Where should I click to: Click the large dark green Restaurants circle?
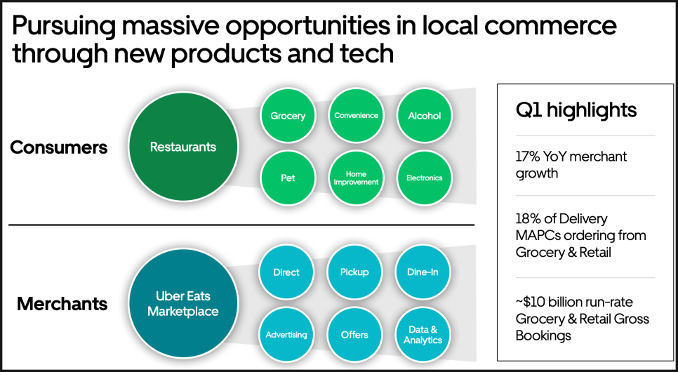183,147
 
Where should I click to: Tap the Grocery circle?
288,116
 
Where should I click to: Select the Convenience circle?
356,116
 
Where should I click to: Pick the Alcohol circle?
424,116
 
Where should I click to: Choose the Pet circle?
288,178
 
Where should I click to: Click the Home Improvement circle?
356,178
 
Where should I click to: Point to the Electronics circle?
424,178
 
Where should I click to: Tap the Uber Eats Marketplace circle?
183,303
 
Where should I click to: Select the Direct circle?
286,272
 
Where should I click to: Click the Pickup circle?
354,272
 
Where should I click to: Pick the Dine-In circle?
423,272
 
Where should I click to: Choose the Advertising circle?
286,334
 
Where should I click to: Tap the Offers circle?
354,334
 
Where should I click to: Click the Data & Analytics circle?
423,334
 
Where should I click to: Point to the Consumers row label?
59,147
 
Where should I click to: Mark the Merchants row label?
62,304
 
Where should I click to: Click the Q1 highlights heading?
576,110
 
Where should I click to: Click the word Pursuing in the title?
64,27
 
